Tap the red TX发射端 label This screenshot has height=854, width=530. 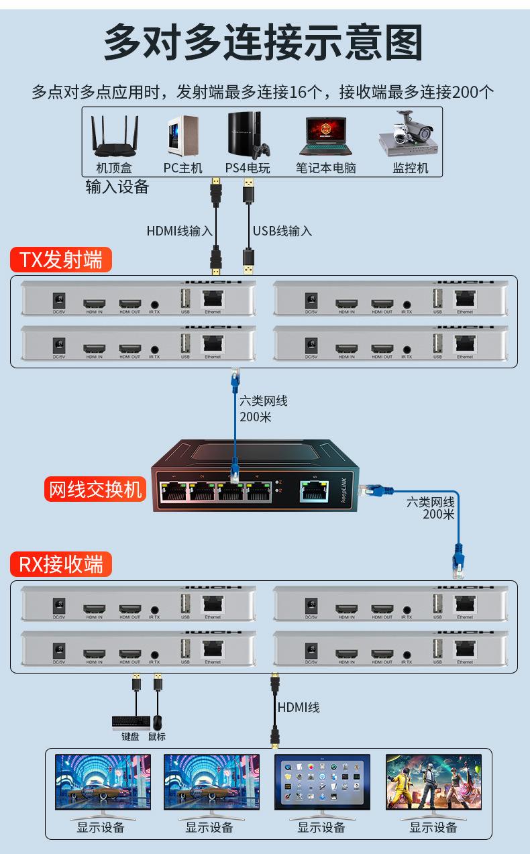click(x=60, y=260)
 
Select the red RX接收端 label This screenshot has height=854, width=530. click(x=60, y=564)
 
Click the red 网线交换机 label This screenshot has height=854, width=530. click(x=95, y=490)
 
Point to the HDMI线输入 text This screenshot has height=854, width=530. click(x=179, y=231)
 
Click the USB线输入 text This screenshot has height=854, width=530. click(x=282, y=231)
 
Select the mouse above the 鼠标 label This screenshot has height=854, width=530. click(x=157, y=723)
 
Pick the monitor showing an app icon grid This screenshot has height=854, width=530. click(x=322, y=782)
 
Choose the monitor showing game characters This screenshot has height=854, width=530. click(x=433, y=782)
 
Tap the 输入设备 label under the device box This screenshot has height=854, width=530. click(x=117, y=187)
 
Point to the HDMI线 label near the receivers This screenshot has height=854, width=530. click(x=299, y=707)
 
